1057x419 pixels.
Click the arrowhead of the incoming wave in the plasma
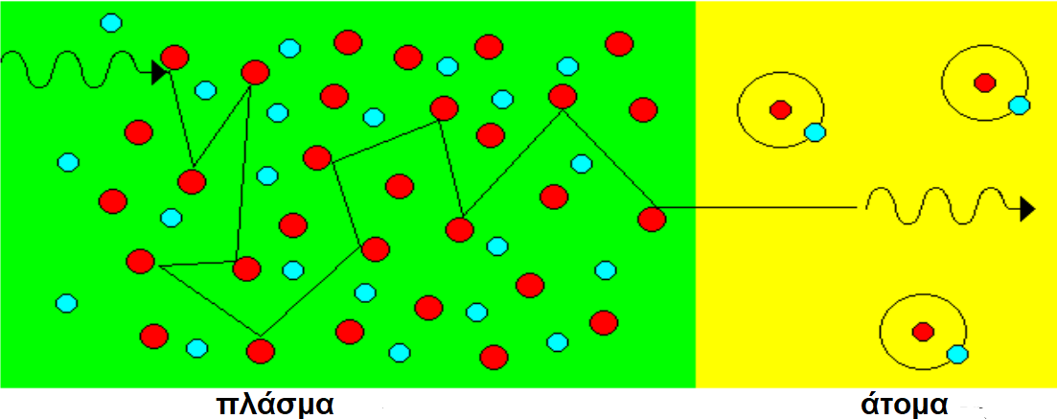[x=160, y=72]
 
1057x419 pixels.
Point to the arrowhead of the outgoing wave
[x=1027, y=209]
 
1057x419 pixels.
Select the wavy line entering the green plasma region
[x=78, y=69]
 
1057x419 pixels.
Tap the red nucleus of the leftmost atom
[x=781, y=109]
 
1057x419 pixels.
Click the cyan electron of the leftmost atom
[x=815, y=132]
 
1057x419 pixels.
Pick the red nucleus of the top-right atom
[x=985, y=82]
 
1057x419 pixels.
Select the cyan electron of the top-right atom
[x=1020, y=105]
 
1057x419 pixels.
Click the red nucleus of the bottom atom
[x=923, y=332]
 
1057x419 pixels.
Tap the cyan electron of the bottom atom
[x=957, y=354]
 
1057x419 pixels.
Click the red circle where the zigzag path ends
[x=652, y=220]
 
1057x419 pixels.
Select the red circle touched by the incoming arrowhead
[x=174, y=58]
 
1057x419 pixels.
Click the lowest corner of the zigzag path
[x=261, y=336]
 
